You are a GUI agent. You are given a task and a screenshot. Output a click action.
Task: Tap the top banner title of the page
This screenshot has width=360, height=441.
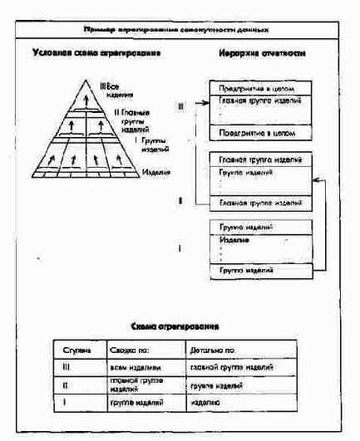pos(180,30)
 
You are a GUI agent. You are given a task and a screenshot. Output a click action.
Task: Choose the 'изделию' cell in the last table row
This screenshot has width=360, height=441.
pos(213,401)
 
